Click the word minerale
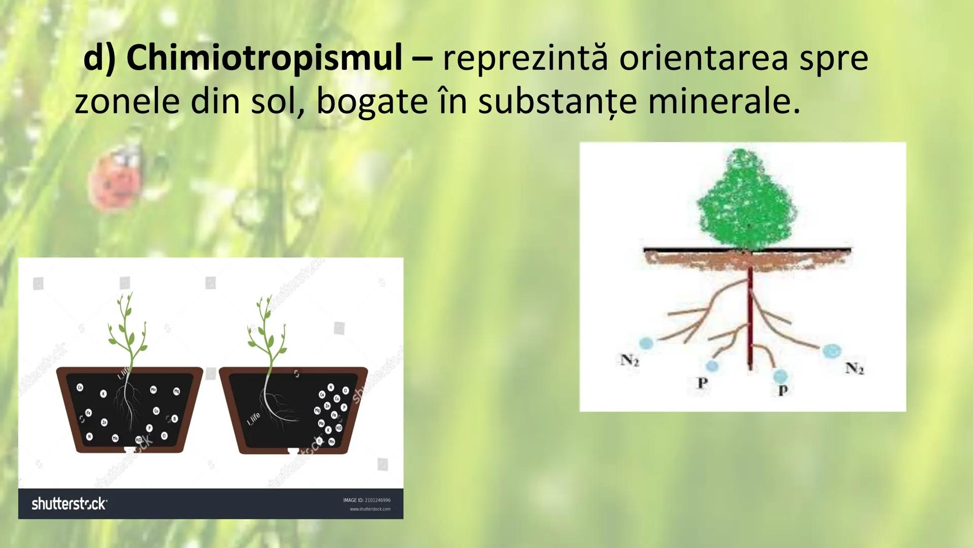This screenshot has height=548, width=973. coord(724,100)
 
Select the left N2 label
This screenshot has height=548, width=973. coord(629,360)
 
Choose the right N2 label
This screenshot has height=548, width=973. coord(854,368)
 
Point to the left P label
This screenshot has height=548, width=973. coord(702,383)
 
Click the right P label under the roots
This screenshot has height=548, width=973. coord(783,390)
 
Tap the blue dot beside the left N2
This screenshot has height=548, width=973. coord(646,344)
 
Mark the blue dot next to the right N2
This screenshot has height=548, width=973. coord(832,351)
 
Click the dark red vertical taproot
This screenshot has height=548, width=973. coord(750,320)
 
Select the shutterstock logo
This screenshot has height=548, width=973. coord(69,504)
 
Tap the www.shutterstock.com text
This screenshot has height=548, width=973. coord(370,509)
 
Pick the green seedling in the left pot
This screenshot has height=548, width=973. coord(127,330)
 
